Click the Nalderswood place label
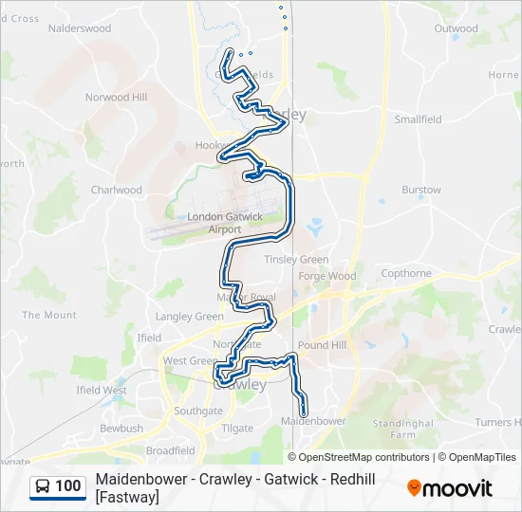tap(79, 28)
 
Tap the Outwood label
tap(456, 28)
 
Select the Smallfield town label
tap(419, 119)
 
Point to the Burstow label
tap(421, 190)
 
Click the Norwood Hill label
tap(116, 98)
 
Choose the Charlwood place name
tap(116, 190)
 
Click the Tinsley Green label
tap(296, 260)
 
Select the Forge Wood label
tap(326, 277)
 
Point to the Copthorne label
tap(406, 273)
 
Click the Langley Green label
tap(189, 317)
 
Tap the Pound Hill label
tap(322, 345)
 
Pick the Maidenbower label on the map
tap(313, 420)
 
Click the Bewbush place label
tap(121, 429)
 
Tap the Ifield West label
tap(102, 390)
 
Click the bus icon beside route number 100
tap(43, 486)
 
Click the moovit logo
tap(450, 488)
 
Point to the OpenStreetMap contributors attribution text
tap(364, 457)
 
